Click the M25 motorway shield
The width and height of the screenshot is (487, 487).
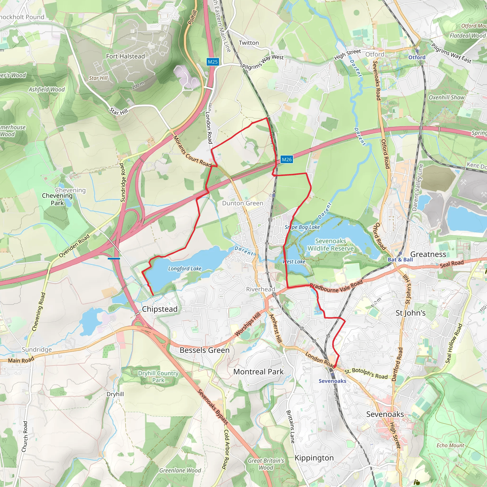tap(213, 62)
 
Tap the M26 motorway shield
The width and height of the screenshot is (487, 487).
tap(287, 159)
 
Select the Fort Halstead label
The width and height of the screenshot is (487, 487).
tap(125, 56)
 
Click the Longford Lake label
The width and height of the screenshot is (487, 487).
tap(185, 269)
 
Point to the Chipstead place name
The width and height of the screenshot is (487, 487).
tap(160, 309)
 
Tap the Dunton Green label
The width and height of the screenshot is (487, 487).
tap(242, 203)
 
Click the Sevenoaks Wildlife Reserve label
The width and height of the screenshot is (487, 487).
tap(331, 245)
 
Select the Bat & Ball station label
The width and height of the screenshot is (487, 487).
tap(400, 260)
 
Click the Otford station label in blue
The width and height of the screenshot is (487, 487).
tap(417, 57)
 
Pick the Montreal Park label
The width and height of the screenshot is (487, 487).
tap(258, 372)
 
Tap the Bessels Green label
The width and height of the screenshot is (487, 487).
tap(205, 350)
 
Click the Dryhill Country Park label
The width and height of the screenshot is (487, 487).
tap(158, 377)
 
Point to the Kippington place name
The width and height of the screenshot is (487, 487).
tap(314, 458)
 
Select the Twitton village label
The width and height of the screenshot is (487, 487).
tap(248, 43)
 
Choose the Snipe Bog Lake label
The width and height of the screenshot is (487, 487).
tap(302, 227)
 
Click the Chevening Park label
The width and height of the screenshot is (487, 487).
tap(58, 199)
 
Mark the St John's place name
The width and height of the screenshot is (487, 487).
tap(410, 313)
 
